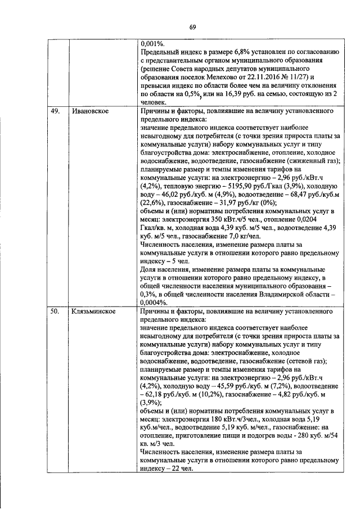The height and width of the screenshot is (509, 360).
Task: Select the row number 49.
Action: tap(55, 111)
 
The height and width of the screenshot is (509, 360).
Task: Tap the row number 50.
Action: tap(55, 310)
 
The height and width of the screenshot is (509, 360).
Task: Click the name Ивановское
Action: tap(90, 111)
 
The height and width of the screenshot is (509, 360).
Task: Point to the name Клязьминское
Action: tap(93, 310)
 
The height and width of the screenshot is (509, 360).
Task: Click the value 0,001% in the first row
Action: tap(152, 43)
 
